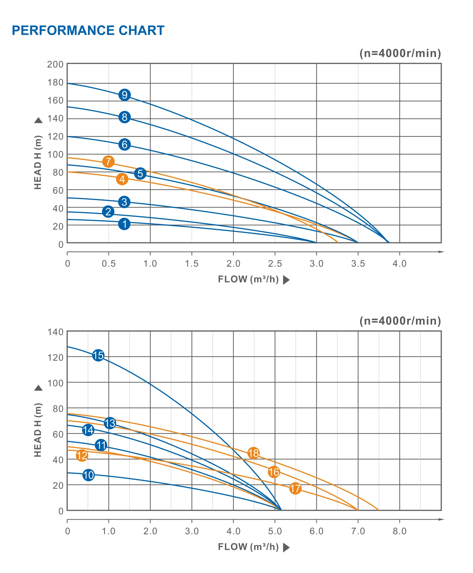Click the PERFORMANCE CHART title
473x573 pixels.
(x=88, y=31)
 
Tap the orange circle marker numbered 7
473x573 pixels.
(x=108, y=161)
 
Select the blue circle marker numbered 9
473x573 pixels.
(x=125, y=95)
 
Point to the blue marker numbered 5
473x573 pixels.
(x=140, y=173)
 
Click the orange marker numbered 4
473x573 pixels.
(x=122, y=179)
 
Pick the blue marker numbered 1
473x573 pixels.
(x=124, y=224)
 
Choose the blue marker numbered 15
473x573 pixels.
(x=98, y=355)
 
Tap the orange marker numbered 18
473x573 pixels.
(x=253, y=453)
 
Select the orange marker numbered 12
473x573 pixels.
(x=82, y=455)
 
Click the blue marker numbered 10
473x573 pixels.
(x=89, y=475)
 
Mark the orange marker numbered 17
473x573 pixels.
(x=295, y=488)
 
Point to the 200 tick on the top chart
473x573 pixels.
(x=55, y=64)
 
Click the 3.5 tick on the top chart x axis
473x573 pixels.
(x=358, y=263)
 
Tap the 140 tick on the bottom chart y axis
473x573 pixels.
(x=55, y=332)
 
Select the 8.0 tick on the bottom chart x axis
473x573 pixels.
(x=399, y=531)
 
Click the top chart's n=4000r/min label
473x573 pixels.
(x=400, y=53)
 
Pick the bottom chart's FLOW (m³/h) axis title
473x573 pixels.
(x=248, y=547)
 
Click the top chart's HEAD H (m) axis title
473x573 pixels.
(x=38, y=162)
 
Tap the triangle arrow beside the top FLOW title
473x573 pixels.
(x=286, y=280)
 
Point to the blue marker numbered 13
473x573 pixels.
(x=110, y=423)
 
